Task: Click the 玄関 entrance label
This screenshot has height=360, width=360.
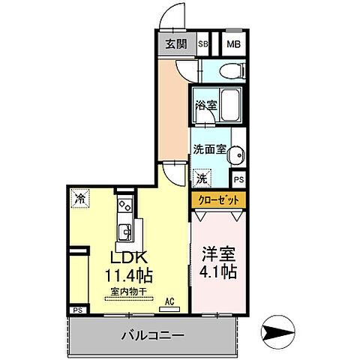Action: coord(172,43)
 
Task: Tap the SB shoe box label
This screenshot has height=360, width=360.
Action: coord(203,43)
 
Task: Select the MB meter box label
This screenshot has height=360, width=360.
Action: coord(233,43)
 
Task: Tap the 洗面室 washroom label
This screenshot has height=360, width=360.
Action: coord(209,148)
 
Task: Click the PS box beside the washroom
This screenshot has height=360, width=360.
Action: coord(238,180)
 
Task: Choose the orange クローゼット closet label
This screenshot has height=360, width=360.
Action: coord(219,200)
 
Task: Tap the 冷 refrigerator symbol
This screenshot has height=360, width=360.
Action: coord(79,199)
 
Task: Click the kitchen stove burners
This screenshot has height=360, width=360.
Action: coord(124,203)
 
